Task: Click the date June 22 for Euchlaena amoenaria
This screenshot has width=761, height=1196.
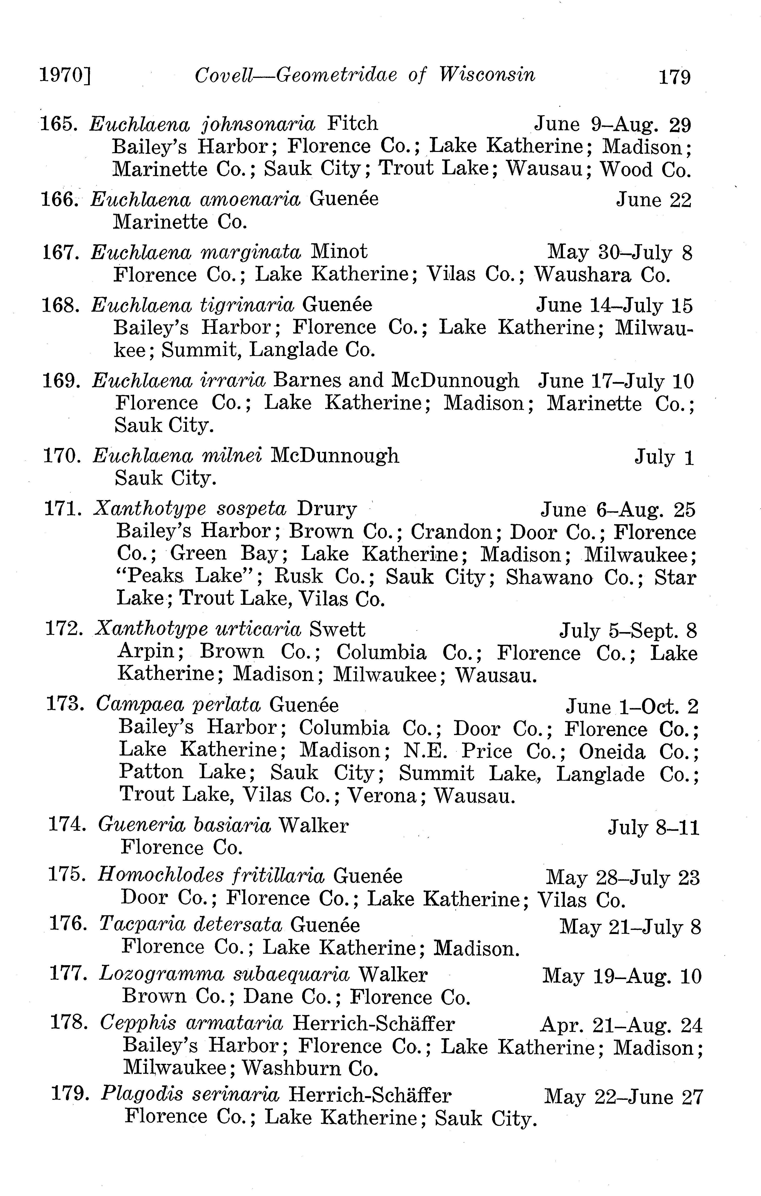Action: [x=653, y=200]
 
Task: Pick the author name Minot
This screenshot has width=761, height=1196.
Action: [x=339, y=252]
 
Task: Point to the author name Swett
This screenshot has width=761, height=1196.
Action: [x=337, y=630]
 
